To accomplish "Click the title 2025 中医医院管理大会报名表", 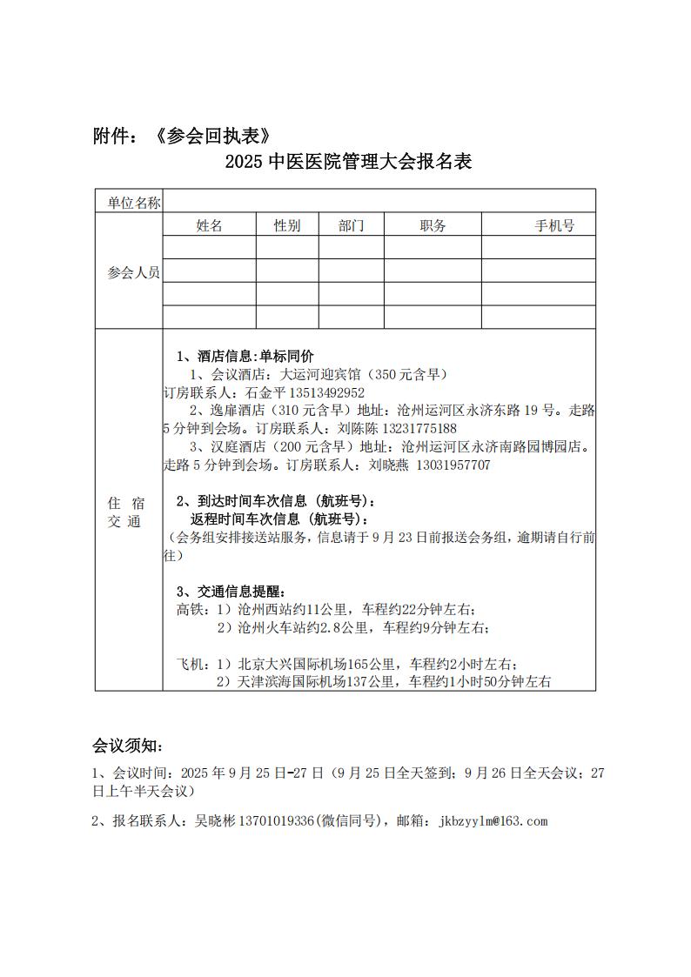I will click(x=347, y=162).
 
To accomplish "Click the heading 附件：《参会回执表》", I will click(x=187, y=136).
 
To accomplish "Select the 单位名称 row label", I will click(x=133, y=203).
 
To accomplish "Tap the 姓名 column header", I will click(x=210, y=226).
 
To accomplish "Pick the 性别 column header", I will click(x=287, y=226).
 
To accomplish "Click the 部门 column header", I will click(x=352, y=226).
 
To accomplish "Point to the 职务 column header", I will click(x=433, y=226).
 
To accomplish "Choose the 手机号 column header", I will click(x=554, y=226).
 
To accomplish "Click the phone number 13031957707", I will click(x=453, y=465).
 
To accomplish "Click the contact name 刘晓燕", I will click(x=389, y=465).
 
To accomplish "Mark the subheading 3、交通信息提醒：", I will click(x=230, y=593).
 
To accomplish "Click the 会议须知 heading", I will click(x=127, y=746).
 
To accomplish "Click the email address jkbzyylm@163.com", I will click(x=494, y=820).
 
